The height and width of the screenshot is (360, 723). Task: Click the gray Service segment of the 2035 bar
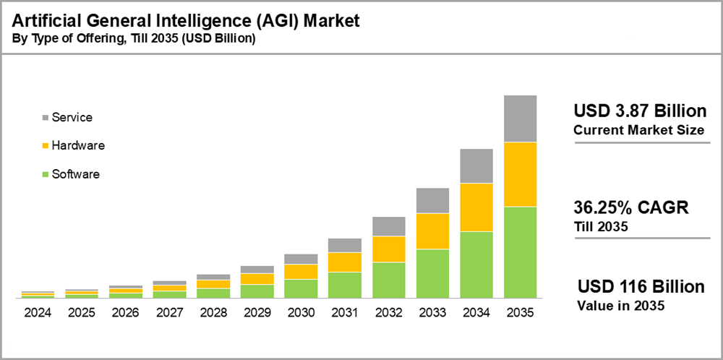(x=520, y=119)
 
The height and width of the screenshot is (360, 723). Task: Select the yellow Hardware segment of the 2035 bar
(x=520, y=174)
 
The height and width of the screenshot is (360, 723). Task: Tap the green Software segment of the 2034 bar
(x=476, y=265)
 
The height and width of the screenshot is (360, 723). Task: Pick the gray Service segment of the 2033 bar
(x=432, y=200)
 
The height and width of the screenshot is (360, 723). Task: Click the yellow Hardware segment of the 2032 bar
(x=389, y=249)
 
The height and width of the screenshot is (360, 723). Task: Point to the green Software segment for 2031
(x=345, y=285)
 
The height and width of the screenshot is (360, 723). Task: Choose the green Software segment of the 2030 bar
(x=301, y=288)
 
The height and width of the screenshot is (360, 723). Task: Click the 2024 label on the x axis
(x=37, y=313)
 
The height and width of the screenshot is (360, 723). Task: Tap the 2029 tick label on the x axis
(x=257, y=313)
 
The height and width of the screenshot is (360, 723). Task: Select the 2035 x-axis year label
(x=520, y=313)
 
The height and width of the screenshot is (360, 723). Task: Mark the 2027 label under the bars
(x=168, y=313)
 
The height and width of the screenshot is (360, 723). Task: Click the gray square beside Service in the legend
(x=46, y=117)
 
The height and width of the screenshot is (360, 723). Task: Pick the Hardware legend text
(x=78, y=145)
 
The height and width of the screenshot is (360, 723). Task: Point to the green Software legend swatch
(x=46, y=174)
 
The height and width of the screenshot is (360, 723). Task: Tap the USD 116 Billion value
(x=641, y=287)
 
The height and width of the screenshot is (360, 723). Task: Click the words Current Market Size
(x=638, y=130)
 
